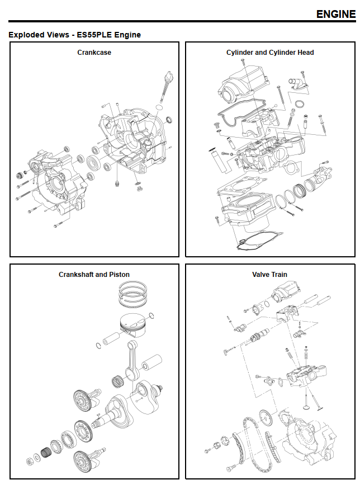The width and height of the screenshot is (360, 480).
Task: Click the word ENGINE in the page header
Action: pos(335,14)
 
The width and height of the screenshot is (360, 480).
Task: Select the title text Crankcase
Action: pos(94,53)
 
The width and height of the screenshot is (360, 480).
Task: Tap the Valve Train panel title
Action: pos(269,275)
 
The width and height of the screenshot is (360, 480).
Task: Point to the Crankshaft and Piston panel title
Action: pos(94,275)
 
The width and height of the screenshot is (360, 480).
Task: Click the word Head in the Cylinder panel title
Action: pos(305,53)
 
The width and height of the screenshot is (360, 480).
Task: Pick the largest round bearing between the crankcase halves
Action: pos(93,164)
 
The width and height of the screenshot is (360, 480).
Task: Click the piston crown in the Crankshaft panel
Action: pos(134,324)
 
